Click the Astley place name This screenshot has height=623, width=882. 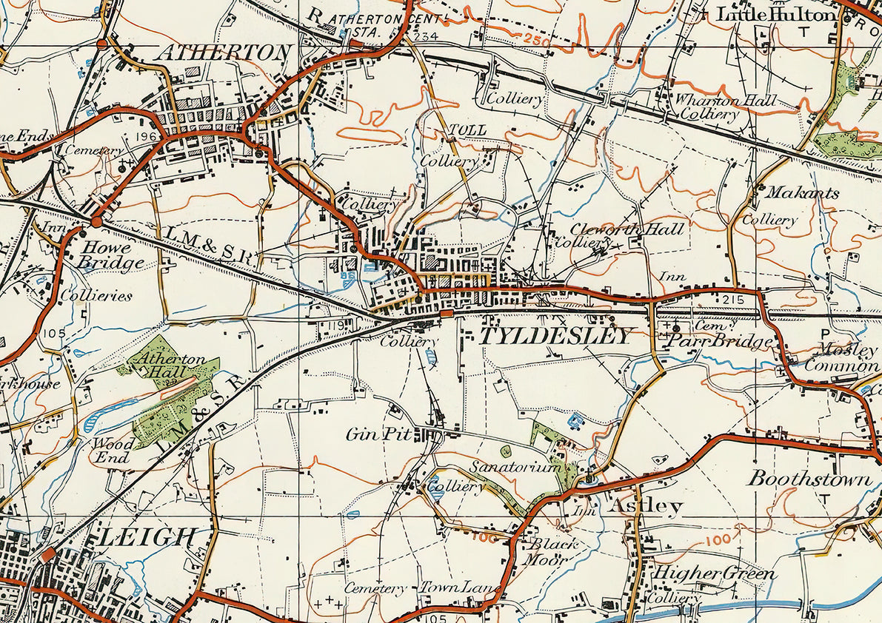point(645,506)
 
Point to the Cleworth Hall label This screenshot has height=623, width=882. point(627,229)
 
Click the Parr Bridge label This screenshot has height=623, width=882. point(720,342)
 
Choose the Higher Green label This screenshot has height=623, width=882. point(712,574)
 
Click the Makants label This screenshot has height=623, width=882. point(802,193)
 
